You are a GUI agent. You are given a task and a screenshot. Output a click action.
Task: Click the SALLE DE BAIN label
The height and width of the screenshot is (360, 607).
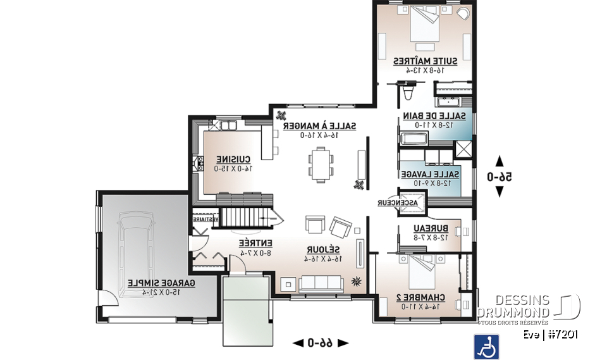435,116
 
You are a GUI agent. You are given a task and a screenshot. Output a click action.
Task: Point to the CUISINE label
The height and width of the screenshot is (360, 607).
234,159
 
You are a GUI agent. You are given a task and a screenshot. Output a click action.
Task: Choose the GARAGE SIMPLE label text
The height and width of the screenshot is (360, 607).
161,283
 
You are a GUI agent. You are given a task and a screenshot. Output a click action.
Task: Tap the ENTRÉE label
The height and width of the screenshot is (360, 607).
255,243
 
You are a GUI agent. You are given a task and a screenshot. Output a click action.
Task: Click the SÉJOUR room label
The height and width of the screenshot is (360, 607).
323,249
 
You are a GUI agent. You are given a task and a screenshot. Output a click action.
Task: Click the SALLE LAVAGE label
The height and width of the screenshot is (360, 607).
430,174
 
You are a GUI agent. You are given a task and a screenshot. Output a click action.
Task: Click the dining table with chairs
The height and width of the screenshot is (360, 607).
321,164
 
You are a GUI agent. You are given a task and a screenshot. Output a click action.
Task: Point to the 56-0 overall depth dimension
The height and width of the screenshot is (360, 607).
500,178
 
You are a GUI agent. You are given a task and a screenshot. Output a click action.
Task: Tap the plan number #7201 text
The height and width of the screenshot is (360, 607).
562,335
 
